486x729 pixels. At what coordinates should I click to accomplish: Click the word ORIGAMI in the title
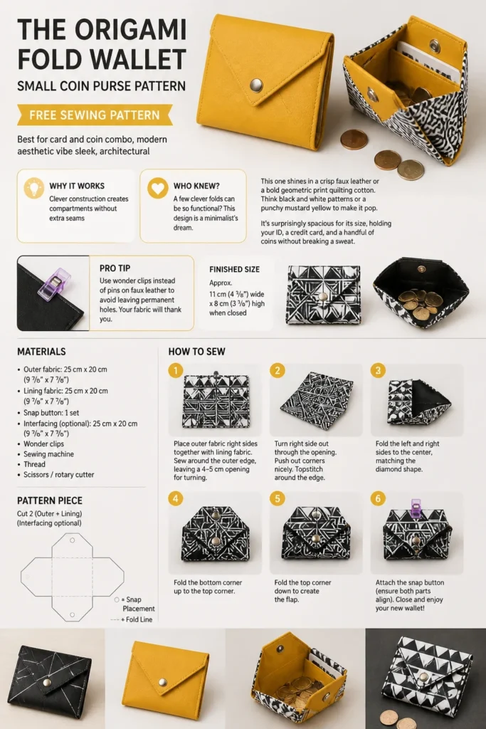pyautogui.click(x=130, y=31)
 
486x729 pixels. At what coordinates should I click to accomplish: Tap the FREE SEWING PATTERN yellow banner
pyautogui.click(x=95, y=115)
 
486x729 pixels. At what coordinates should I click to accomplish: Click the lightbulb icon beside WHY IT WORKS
pyautogui.click(x=34, y=188)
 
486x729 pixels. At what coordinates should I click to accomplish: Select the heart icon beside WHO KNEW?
pyautogui.click(x=158, y=188)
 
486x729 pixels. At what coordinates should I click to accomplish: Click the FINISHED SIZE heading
pyautogui.click(x=234, y=269)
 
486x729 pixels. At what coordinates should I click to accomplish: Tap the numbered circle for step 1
pyautogui.click(x=176, y=370)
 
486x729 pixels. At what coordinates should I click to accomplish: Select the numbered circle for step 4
pyautogui.click(x=176, y=499)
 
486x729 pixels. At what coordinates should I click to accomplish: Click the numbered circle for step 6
pyautogui.click(x=378, y=499)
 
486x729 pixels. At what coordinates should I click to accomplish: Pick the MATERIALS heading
pyautogui.click(x=41, y=352)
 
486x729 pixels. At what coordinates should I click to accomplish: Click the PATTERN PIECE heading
pyautogui.click(x=50, y=500)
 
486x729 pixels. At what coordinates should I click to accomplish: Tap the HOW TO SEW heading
pyautogui.click(x=196, y=352)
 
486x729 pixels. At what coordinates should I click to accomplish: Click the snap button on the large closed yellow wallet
pyautogui.click(x=256, y=85)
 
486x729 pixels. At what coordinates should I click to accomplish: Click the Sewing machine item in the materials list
pyautogui.click(x=49, y=454)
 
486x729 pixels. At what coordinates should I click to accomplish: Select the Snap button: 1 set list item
pyautogui.click(x=51, y=413)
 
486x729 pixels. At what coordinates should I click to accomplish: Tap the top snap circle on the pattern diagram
pyautogui.click(x=73, y=540)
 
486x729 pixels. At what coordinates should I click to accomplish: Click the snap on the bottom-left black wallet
pyautogui.click(x=46, y=683)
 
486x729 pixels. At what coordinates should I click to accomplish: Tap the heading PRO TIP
pyautogui.click(x=115, y=268)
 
